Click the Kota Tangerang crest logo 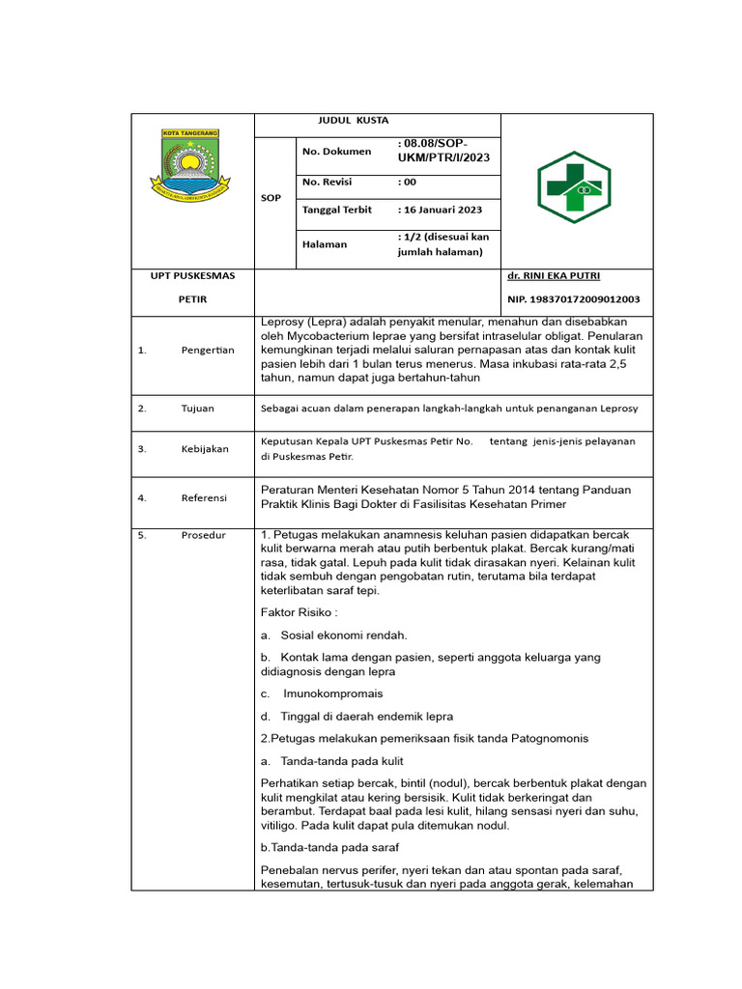(190, 161)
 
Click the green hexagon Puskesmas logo (574, 186)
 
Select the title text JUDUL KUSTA (354, 121)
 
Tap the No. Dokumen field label (336, 152)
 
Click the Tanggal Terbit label (337, 210)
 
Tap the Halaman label (324, 244)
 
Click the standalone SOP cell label (271, 198)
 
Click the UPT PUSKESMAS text (192, 276)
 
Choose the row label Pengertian (208, 350)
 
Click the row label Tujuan (197, 409)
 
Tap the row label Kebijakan (204, 449)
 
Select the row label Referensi (204, 497)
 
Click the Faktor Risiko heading (300, 612)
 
